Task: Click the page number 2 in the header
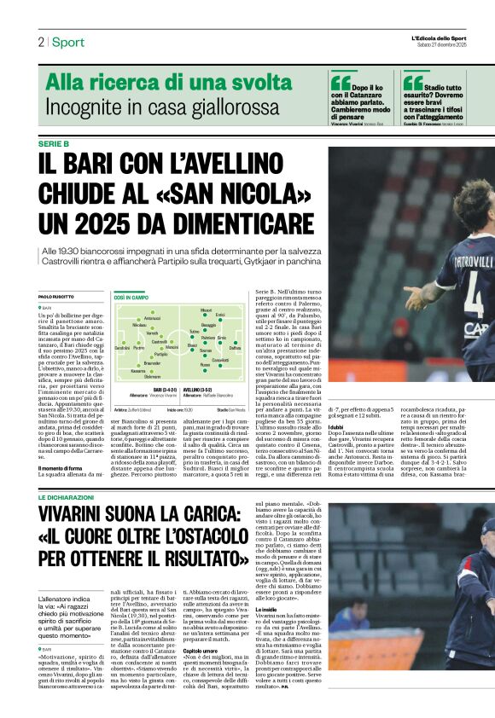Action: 40,42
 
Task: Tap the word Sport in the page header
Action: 67,42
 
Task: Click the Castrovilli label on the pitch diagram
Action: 159,342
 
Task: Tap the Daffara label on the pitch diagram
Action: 235,348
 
